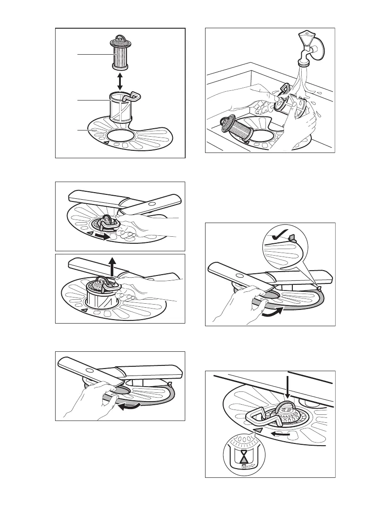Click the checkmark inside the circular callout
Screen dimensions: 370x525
coord(280,238)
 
